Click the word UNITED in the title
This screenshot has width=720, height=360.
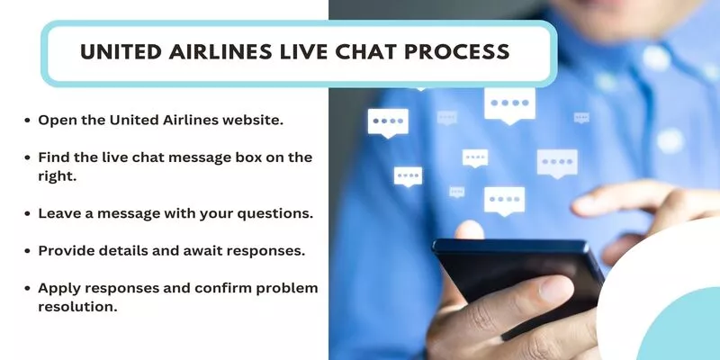point(121,51)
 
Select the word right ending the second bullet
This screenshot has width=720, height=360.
point(58,176)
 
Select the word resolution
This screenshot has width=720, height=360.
point(77,307)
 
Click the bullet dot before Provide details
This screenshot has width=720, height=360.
point(28,251)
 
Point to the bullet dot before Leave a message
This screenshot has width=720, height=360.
point(28,214)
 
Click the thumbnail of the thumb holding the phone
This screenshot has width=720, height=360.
point(556,288)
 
